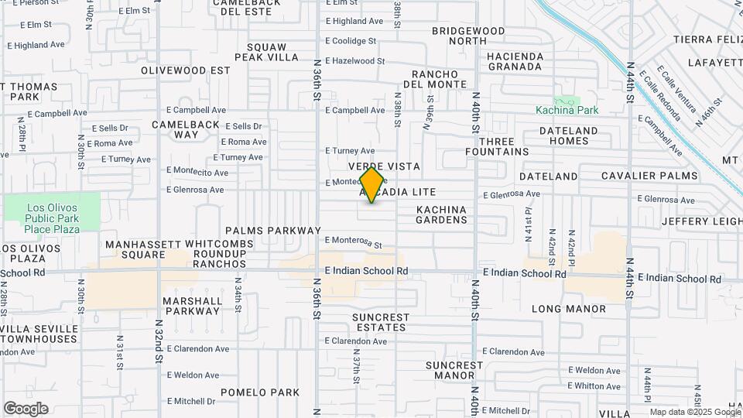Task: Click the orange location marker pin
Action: tap(371, 185)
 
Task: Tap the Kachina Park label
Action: tap(567, 110)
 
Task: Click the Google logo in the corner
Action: tap(26, 409)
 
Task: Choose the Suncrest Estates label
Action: tap(380, 322)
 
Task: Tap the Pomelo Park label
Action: tap(259, 392)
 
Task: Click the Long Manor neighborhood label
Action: tap(569, 309)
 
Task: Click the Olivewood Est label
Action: tap(186, 70)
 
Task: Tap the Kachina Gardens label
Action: tap(442, 214)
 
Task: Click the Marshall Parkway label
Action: tap(191, 306)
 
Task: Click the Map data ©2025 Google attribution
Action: tap(695, 412)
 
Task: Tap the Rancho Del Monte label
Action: tap(429, 79)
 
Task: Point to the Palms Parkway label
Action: tap(272, 231)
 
